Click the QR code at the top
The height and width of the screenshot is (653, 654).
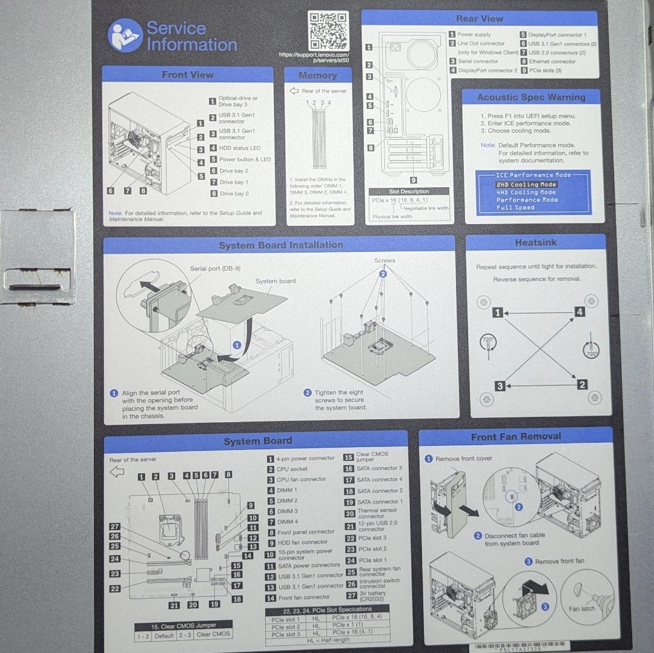(x=328, y=30)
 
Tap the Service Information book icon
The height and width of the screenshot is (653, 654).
(x=125, y=36)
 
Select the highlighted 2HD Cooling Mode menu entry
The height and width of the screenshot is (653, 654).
(x=526, y=184)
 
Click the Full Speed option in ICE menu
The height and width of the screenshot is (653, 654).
(x=515, y=208)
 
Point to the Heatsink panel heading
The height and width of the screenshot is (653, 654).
(x=535, y=242)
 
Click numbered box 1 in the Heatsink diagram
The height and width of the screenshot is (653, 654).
(x=497, y=313)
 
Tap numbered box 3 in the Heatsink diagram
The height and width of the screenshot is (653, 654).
(x=499, y=386)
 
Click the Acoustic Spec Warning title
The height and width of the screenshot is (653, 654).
(x=530, y=97)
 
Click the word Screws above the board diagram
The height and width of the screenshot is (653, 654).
(x=384, y=260)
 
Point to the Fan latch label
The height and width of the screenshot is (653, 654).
(x=581, y=608)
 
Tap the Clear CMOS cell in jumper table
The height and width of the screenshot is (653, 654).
(x=213, y=634)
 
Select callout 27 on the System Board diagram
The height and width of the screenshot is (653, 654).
(x=114, y=527)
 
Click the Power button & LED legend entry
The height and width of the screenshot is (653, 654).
(x=244, y=159)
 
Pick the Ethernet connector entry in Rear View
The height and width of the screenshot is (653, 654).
(x=552, y=61)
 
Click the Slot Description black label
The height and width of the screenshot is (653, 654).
(x=409, y=191)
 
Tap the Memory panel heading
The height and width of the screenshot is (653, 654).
(x=317, y=76)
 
